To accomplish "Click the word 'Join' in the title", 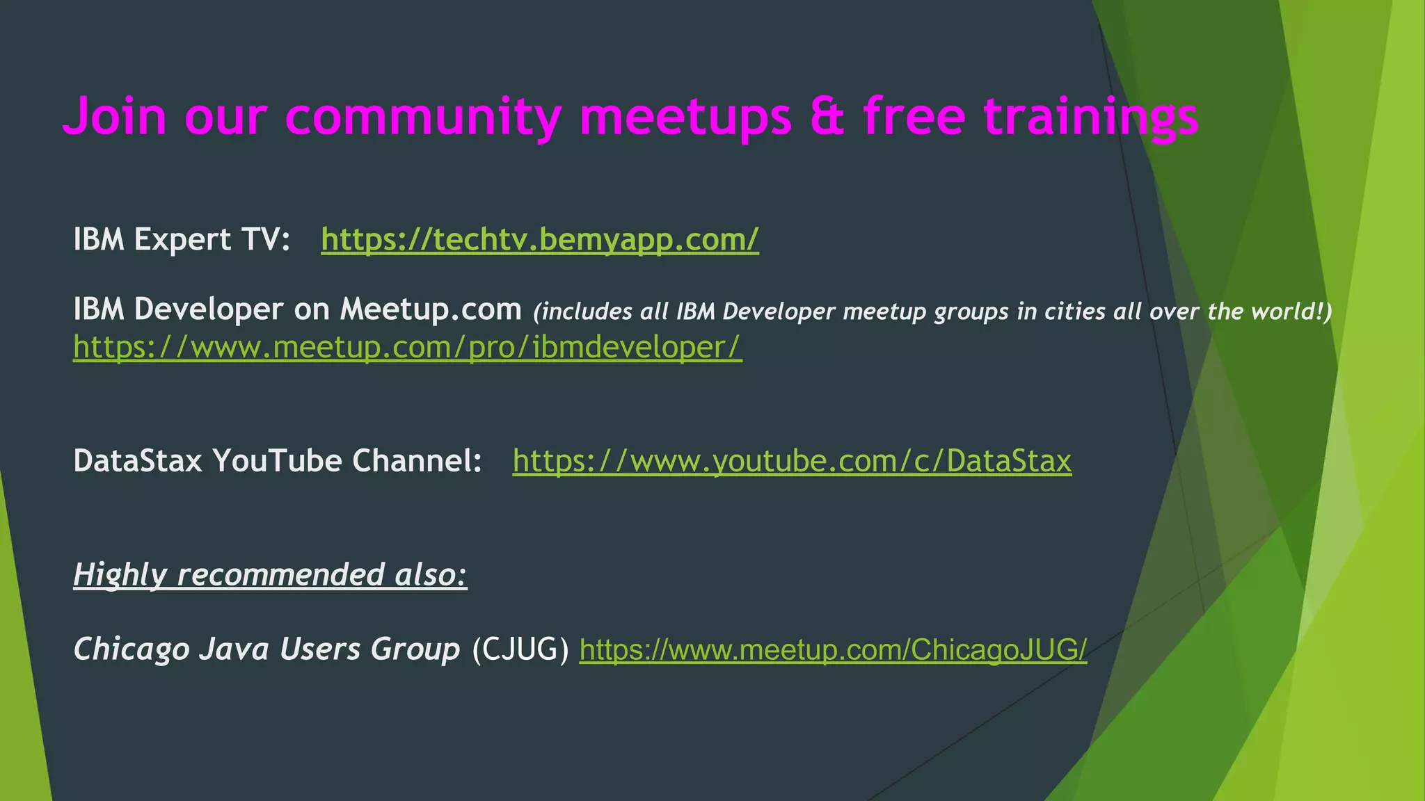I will click(115, 116).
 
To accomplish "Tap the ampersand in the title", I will click(827, 116).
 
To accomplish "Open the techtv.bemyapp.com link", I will click(539, 240).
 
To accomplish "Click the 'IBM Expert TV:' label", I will click(182, 240).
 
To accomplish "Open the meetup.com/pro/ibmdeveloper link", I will click(408, 347).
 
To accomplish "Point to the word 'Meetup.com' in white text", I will click(431, 309).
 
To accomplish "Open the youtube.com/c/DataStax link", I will click(792, 461).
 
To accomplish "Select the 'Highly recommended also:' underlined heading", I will click(270, 575).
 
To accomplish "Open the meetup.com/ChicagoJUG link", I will click(833, 649).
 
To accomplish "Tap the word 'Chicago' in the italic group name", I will click(132, 649).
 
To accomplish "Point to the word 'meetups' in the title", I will click(685, 116).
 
